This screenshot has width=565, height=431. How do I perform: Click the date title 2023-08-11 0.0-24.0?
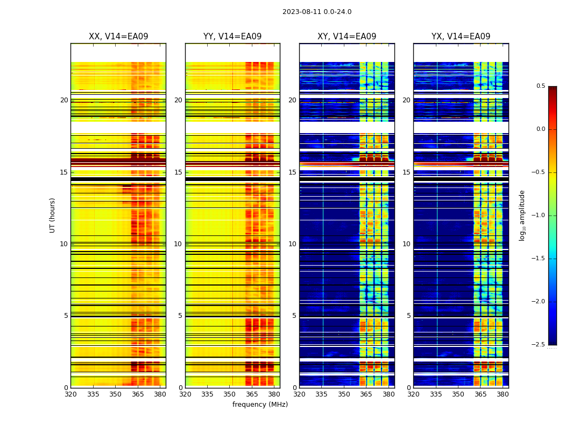[317, 12]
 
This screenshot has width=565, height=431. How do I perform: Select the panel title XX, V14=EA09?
[118, 37]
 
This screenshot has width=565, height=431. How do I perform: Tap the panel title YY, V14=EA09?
[232, 37]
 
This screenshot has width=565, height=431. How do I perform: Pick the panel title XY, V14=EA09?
[347, 37]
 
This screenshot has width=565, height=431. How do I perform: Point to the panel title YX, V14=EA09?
[461, 37]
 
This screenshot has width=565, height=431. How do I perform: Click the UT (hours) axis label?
[52, 215]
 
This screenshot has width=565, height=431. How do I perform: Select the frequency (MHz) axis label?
[260, 405]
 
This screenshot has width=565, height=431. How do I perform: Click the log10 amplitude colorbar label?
[522, 215]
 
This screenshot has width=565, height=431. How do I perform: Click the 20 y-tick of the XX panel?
[64, 100]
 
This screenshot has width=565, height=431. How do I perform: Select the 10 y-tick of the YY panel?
[178, 244]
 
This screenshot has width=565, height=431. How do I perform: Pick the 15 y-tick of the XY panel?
[292, 172]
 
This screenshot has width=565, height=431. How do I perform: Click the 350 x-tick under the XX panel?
[115, 394]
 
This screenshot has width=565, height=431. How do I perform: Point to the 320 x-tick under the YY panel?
[185, 394]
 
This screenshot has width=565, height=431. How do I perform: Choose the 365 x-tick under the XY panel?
[366, 394]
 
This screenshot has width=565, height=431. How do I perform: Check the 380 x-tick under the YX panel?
[503, 394]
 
